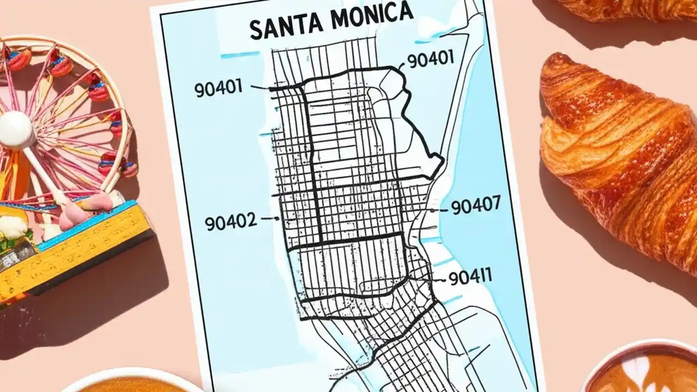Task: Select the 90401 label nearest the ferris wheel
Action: [x=218, y=89]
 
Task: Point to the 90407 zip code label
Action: [x=475, y=206]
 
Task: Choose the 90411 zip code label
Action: [x=469, y=277]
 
